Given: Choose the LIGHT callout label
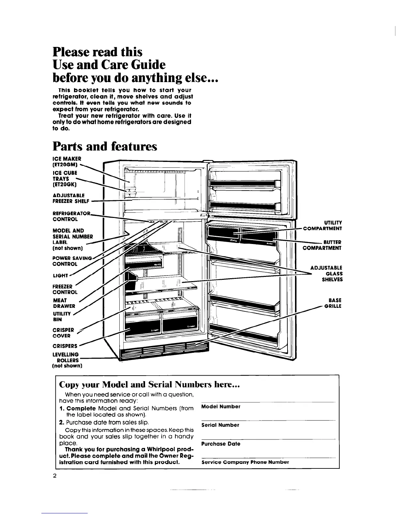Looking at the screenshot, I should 61,276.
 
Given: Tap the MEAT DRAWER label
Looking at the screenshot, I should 64,303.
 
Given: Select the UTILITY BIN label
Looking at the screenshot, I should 62,317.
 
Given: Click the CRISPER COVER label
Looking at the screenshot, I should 63,333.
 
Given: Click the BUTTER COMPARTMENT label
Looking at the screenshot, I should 322,245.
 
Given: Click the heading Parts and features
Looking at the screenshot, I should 105,146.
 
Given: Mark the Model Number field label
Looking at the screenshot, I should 221,407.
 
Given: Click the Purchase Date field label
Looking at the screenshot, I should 221,444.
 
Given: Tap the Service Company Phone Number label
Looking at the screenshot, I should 245,462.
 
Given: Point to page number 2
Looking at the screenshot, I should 55,476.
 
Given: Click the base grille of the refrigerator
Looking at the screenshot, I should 165,353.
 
